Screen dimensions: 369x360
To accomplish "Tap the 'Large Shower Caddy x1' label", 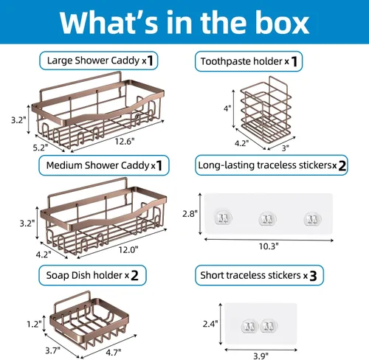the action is pyautogui.click(x=99, y=60).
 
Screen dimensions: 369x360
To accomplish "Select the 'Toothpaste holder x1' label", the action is pyautogui.click(x=249, y=61).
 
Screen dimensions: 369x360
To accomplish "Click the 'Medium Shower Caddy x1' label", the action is pyautogui.click(x=104, y=165).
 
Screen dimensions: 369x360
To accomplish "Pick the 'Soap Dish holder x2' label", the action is pyautogui.click(x=92, y=275).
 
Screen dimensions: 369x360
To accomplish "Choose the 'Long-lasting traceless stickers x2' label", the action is pyautogui.click(x=272, y=165).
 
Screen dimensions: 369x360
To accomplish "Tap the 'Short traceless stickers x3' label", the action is pyautogui.click(x=259, y=275).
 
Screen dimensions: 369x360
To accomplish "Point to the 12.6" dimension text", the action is pyautogui.click(x=125, y=142).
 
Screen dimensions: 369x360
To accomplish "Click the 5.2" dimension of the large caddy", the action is pyautogui.click(x=41, y=148).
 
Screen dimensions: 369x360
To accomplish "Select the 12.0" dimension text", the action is pyautogui.click(x=128, y=250).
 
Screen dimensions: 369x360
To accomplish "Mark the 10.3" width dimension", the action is pyautogui.click(x=269, y=246).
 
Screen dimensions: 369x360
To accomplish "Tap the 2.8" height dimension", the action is pyautogui.click(x=190, y=214).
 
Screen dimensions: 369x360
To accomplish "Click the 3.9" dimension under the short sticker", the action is pyautogui.click(x=261, y=356).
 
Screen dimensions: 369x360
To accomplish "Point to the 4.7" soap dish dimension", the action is pyautogui.click(x=114, y=353).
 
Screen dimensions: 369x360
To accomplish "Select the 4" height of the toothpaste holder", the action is pyautogui.click(x=227, y=108).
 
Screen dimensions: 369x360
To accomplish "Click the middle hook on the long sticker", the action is pyautogui.click(x=268, y=218).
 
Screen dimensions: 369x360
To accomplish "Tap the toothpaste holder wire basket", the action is pyautogui.click(x=266, y=113).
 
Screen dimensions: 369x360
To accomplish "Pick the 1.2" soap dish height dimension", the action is pyautogui.click(x=34, y=324).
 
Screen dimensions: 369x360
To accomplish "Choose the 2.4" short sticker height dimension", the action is pyautogui.click(x=210, y=324).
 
